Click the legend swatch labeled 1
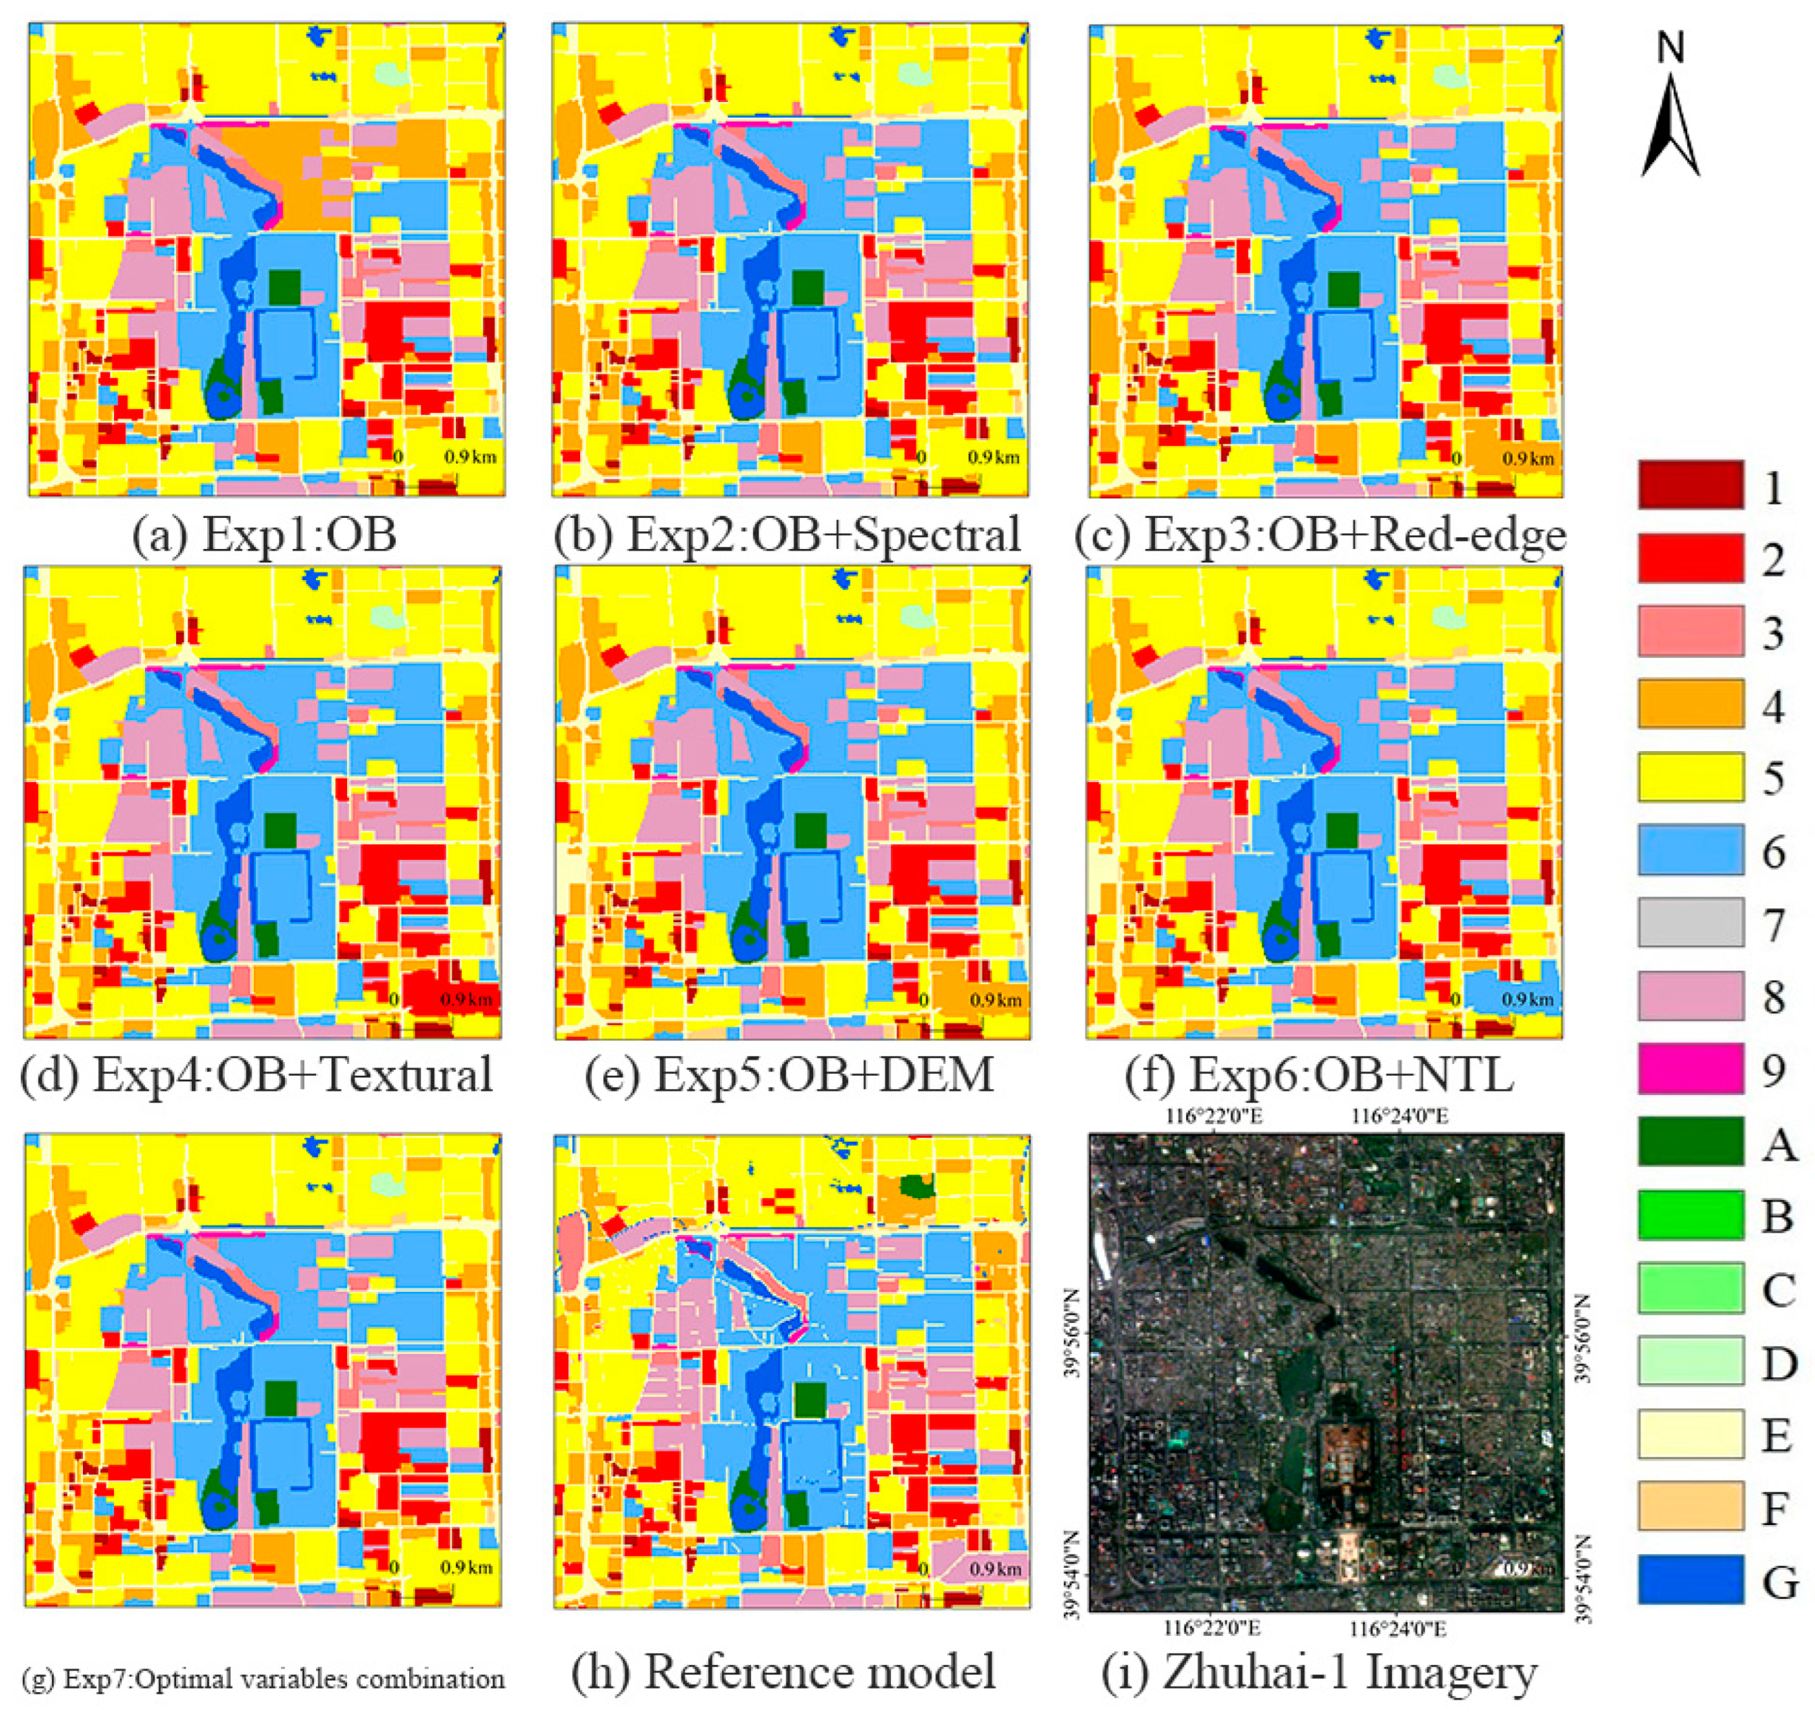pos(1690,485)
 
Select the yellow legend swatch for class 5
pos(1690,777)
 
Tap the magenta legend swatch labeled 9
pos(1690,1068)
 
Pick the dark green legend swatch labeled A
pos(1690,1142)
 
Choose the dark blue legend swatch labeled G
pos(1690,1580)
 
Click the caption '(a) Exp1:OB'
pos(265,535)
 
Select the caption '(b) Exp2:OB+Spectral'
pos(787,535)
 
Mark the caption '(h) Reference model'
pos(784,1671)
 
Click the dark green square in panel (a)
pos(286,288)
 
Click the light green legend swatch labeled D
pos(1690,1361)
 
